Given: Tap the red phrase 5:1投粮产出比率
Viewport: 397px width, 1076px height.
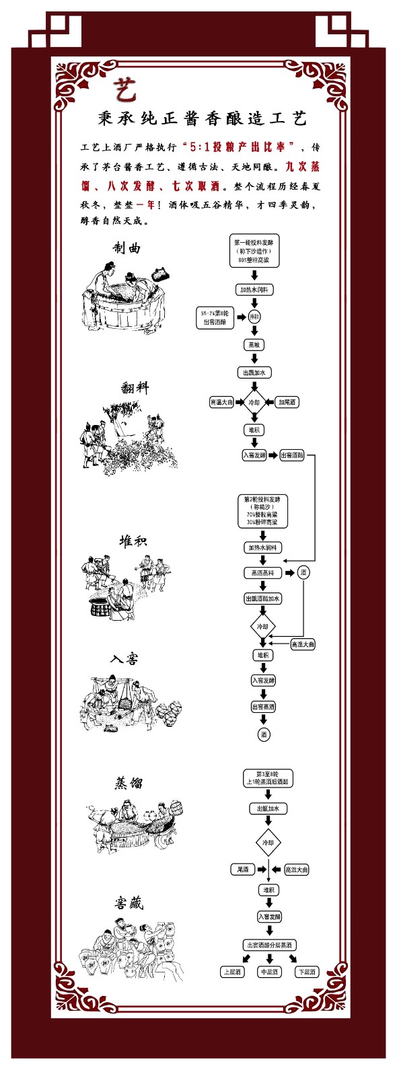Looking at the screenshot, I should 240,147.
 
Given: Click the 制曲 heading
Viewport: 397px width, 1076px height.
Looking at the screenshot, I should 127,247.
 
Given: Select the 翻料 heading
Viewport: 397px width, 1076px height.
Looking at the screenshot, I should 135,388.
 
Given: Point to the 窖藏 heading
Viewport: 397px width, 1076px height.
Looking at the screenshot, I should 129,902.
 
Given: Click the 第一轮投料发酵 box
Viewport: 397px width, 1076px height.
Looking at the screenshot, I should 254,251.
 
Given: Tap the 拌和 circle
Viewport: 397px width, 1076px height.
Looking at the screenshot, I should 254,317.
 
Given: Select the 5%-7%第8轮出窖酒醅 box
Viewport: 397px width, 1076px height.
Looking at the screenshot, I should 215,317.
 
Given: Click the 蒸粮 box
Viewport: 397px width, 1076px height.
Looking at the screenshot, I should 254,344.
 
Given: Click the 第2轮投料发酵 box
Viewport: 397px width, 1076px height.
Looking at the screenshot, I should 262,511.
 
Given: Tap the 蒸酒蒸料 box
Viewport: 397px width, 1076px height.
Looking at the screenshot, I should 262,573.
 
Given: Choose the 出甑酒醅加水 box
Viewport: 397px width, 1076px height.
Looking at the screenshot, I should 262,599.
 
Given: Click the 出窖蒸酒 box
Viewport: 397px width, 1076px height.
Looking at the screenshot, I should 263,707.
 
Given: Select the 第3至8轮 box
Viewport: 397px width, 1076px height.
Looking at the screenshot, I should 268,777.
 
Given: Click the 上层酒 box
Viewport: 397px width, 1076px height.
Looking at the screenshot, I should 232,972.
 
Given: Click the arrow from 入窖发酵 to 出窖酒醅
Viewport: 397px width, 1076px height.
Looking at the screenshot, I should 273,455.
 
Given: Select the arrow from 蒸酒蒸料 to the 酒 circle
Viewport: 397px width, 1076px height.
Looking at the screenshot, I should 289,573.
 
